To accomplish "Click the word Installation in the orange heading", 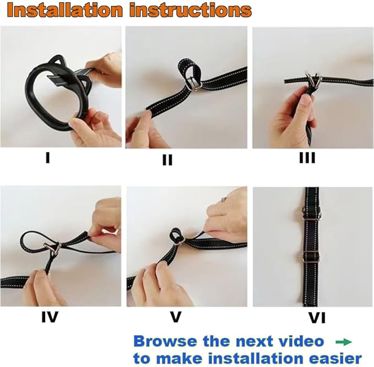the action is click(x=64, y=10).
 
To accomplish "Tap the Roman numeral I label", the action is click(x=47, y=158).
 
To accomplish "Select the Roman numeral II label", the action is click(x=167, y=159).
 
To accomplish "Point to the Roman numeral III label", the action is click(x=307, y=158).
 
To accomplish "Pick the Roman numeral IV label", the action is click(x=50, y=317).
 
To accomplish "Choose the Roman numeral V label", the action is click(x=176, y=317).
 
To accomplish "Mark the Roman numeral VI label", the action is click(x=317, y=318).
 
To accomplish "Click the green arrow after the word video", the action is click(x=344, y=342).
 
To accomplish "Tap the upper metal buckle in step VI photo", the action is click(x=311, y=213).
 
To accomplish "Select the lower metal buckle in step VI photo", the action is click(x=311, y=256).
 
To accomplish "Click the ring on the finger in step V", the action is click(x=223, y=200).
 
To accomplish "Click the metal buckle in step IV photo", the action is click(x=52, y=248).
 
